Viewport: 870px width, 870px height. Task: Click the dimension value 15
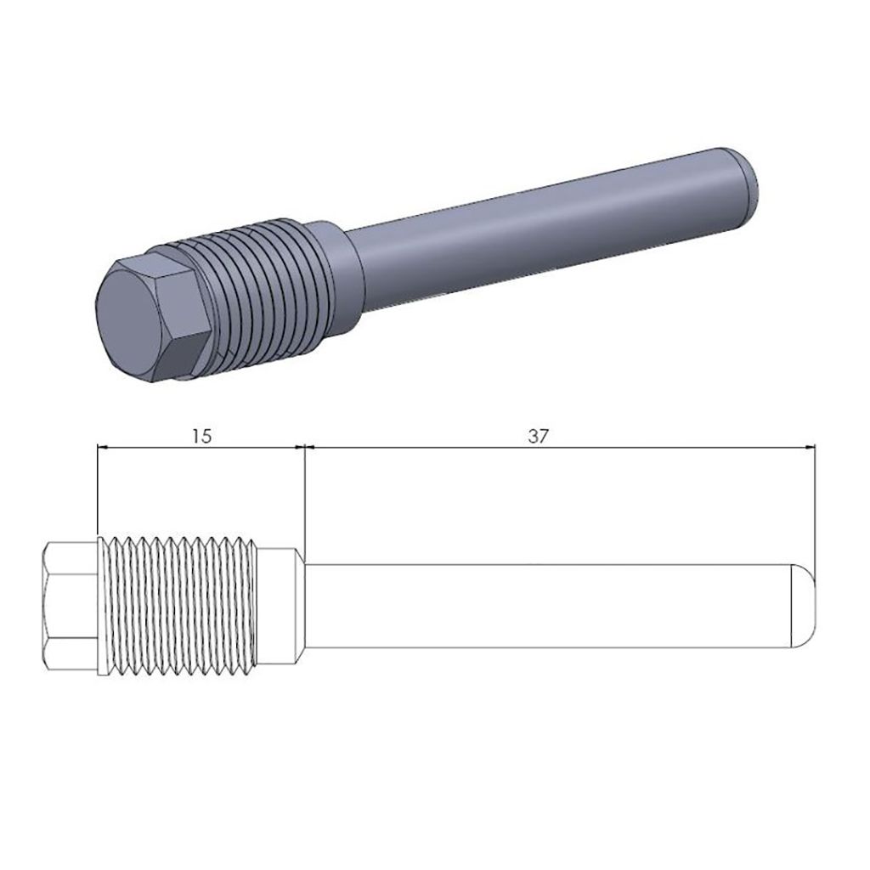[x=201, y=436]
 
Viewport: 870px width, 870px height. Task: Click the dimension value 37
[x=537, y=436]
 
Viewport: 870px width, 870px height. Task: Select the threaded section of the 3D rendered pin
[x=255, y=289]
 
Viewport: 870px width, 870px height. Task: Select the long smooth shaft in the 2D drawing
[x=552, y=605]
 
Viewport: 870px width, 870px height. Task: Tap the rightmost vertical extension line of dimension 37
[x=815, y=510]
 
